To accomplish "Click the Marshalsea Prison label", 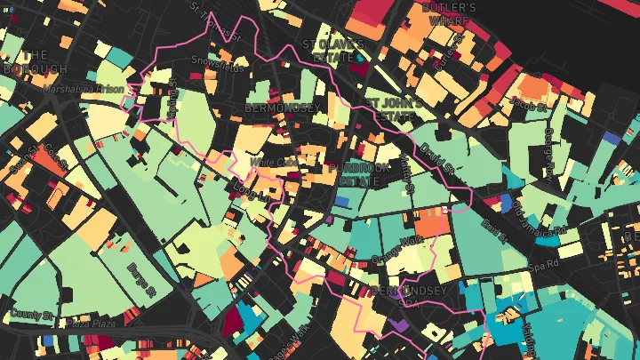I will point(83,88).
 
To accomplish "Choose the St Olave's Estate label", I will point(333,51).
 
